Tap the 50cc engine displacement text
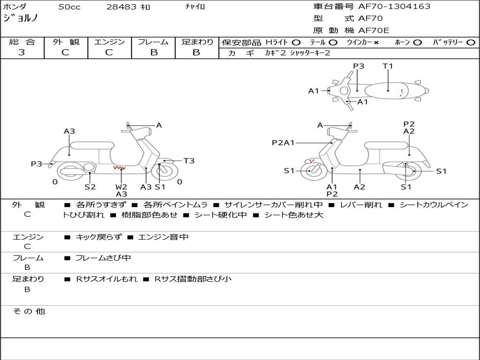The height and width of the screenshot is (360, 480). (69, 7)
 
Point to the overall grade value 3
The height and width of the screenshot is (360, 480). (22, 52)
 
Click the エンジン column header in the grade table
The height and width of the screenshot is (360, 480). (109, 42)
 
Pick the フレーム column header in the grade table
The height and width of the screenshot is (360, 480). (153, 42)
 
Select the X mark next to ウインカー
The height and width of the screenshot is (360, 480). (376, 42)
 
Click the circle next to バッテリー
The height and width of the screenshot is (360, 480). (471, 42)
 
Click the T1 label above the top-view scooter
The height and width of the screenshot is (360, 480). (388, 66)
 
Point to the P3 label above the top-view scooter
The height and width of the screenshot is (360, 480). (359, 66)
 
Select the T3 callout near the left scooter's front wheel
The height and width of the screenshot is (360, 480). (189, 161)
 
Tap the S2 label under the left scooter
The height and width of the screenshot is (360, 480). (90, 187)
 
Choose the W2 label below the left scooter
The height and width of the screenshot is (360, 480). (121, 187)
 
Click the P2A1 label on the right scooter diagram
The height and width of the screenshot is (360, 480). (284, 142)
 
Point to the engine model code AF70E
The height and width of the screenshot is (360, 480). (374, 31)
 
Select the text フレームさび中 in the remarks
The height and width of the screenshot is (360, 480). (103, 258)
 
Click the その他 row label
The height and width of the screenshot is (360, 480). (29, 311)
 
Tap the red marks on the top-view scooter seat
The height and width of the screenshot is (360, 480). (401, 92)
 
